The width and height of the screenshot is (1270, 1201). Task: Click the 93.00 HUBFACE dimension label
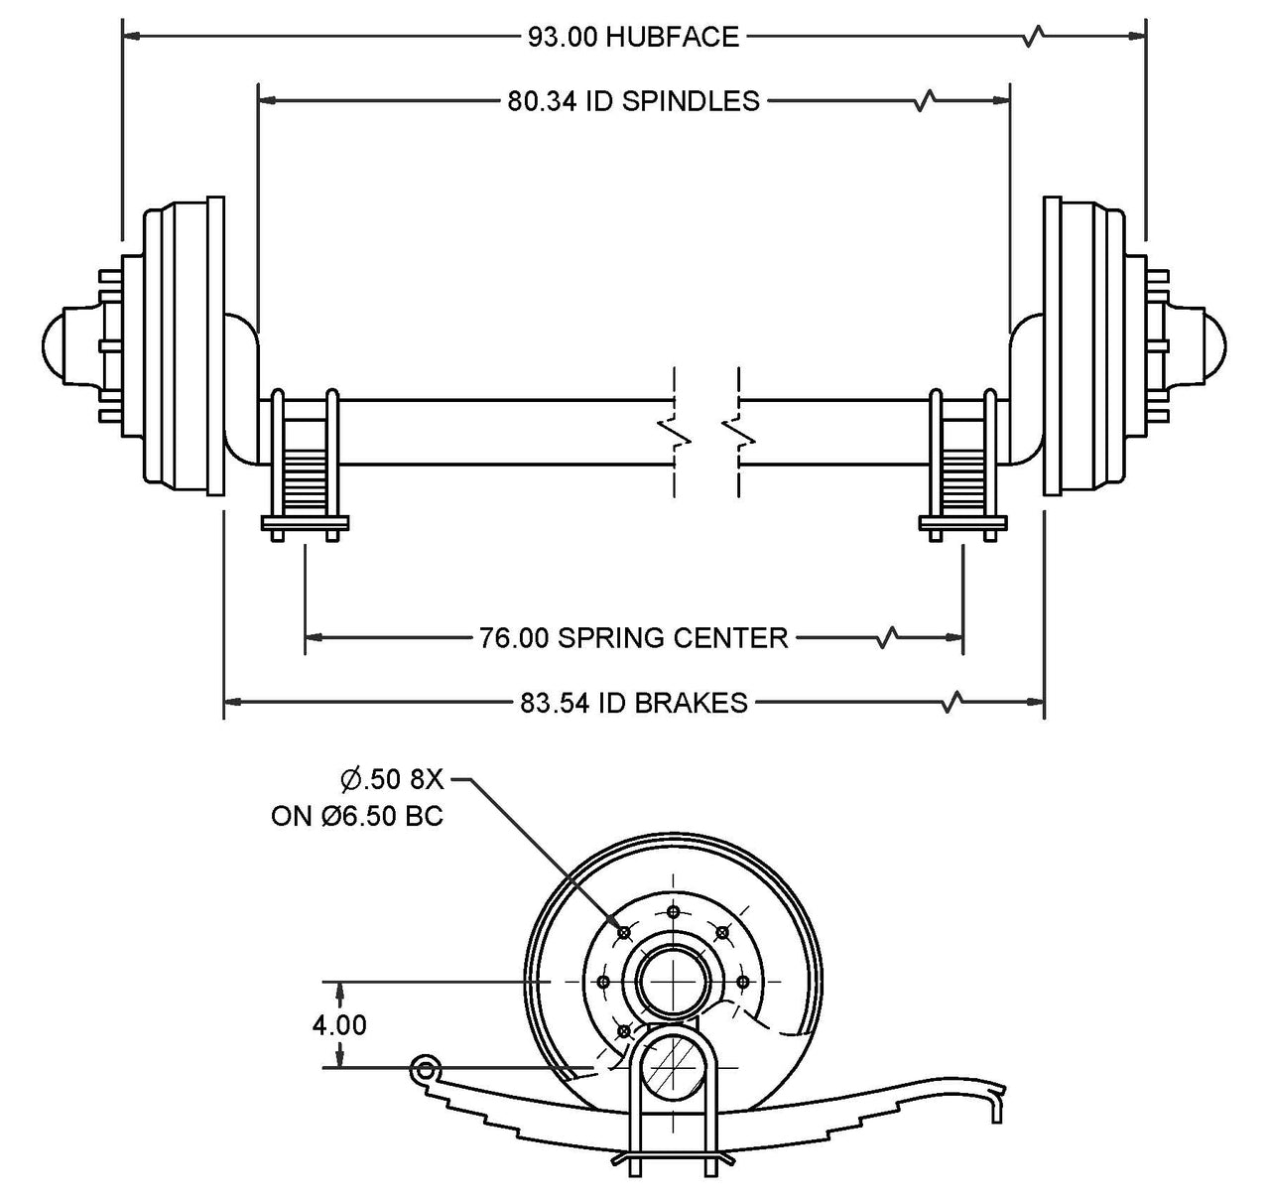tap(633, 38)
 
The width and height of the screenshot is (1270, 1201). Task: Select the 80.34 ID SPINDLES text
tap(633, 100)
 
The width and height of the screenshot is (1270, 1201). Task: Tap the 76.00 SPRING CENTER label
tap(633, 637)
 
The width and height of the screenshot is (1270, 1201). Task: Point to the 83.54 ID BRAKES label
tap(633, 703)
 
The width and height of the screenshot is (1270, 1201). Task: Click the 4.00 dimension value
tap(339, 1024)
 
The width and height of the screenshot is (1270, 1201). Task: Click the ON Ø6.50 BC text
tap(357, 816)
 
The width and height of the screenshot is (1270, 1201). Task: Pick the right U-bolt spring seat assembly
tap(962, 467)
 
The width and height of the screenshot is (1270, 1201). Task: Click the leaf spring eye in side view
tap(426, 1069)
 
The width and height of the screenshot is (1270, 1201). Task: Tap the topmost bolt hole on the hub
tap(673, 911)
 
